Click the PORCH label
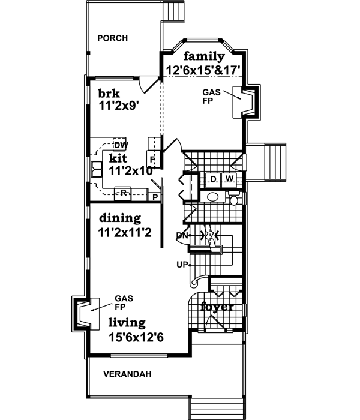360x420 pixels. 112,38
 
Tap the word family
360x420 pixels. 204,57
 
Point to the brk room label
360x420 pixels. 110,94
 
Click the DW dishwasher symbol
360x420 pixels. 120,145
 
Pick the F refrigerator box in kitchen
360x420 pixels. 153,160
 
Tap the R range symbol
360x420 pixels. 123,193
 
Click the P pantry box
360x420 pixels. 154,197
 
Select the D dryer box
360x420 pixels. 213,179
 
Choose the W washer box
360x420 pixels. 229,179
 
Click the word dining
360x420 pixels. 120,218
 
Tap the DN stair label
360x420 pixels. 182,235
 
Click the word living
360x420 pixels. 127,323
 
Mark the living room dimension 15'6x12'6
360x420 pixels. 136,337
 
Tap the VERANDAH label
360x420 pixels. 127,374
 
